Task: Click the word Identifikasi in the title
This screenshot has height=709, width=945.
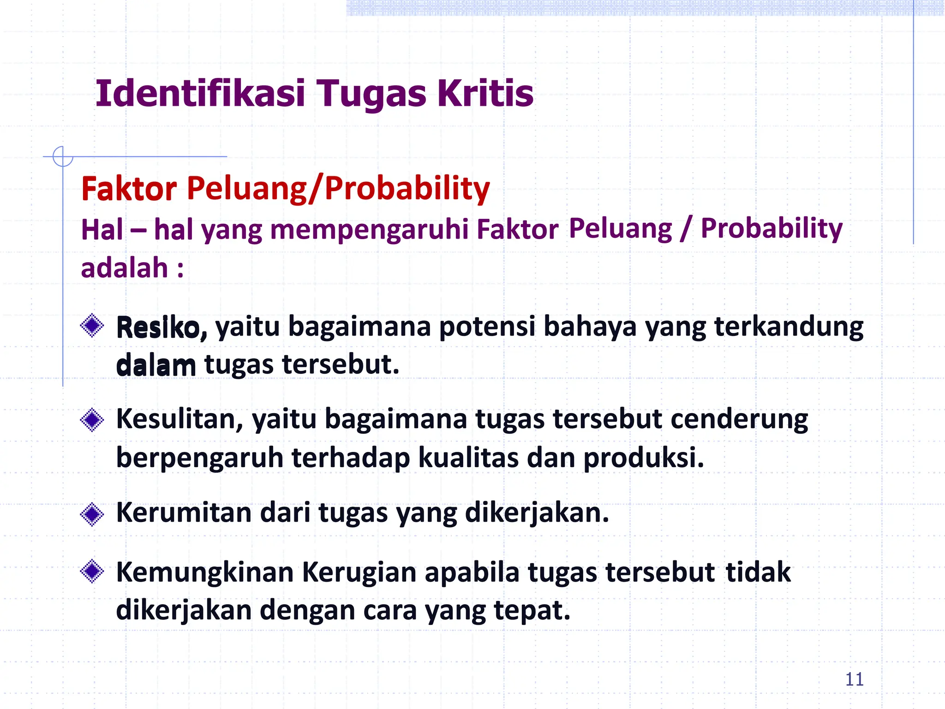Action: pos(200,94)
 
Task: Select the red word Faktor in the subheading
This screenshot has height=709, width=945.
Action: pos(129,189)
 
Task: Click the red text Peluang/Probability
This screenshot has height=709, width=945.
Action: pos(338,189)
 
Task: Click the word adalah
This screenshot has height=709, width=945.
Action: pos(124,268)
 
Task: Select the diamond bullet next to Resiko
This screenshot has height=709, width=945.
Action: pos(92,326)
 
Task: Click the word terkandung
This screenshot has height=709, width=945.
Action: pos(789,327)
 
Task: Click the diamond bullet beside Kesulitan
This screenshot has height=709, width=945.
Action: pos(92,420)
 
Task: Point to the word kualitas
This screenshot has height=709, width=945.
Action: pos(468,458)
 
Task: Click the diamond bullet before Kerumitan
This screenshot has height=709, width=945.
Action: pos(92,514)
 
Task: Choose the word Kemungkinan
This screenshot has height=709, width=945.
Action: pos(205,573)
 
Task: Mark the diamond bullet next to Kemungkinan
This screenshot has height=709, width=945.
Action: pos(92,571)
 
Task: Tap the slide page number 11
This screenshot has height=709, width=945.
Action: pos(854,679)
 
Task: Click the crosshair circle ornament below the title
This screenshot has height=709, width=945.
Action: pos(63,156)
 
